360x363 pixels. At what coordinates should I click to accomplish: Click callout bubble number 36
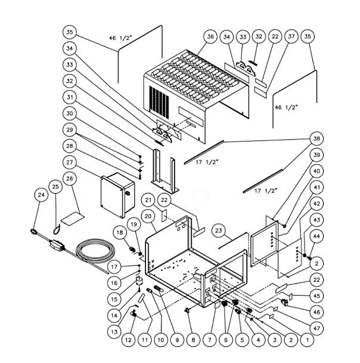210,36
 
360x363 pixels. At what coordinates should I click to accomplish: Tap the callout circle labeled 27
70,162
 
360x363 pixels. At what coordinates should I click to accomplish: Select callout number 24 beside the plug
41,195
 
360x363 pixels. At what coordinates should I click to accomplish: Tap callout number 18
120,232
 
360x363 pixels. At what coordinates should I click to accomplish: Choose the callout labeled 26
70,178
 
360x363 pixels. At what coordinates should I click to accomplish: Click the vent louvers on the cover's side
156,101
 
